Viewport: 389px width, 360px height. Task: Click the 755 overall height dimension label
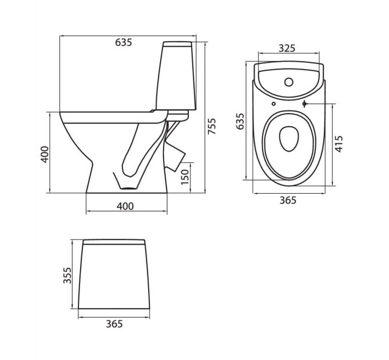coord(212,126)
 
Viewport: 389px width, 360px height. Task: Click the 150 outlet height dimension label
coord(185,177)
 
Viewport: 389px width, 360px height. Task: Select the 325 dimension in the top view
coord(287,48)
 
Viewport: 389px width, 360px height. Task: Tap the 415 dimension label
coord(339,144)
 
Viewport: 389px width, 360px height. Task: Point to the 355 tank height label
coord(67,275)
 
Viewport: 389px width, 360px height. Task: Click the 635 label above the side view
coord(124,42)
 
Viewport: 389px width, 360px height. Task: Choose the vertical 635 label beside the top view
coord(240,121)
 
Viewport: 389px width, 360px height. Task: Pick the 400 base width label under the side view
coord(125,206)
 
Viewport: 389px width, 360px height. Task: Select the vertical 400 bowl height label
coord(45,154)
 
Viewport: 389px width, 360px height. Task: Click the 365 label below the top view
coord(288,200)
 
